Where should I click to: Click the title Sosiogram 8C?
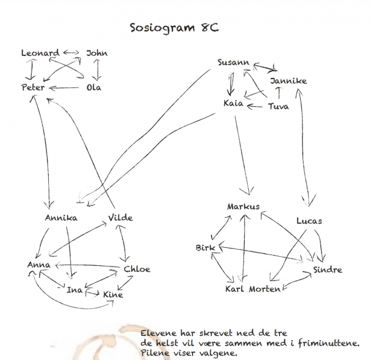pyautogui.click(x=174, y=28)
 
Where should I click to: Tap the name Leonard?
pyautogui.click(x=40, y=53)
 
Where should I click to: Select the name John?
pyautogui.click(x=97, y=53)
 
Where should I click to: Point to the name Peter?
pyautogui.click(x=33, y=87)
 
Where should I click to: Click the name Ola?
pyautogui.click(x=94, y=87)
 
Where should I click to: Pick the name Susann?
pyautogui.click(x=233, y=62)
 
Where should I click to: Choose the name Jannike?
pyautogui.click(x=288, y=81)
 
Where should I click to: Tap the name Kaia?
pyautogui.click(x=233, y=103)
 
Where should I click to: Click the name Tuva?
pyautogui.click(x=278, y=106)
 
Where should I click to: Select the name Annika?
pyautogui.click(x=61, y=218)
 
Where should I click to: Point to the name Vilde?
pyautogui.click(x=121, y=218)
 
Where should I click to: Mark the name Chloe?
pyautogui.click(x=137, y=270)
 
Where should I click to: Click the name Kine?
pyautogui.click(x=113, y=294)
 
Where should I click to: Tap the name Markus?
pyautogui.click(x=243, y=206)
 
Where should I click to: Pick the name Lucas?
pyautogui.click(x=309, y=221)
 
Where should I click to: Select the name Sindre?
pyautogui.click(x=328, y=270)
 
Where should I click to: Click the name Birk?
pyautogui.click(x=205, y=248)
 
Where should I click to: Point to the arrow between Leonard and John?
pyautogui.click(x=71, y=52)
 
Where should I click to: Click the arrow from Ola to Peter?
pyautogui.click(x=64, y=88)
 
